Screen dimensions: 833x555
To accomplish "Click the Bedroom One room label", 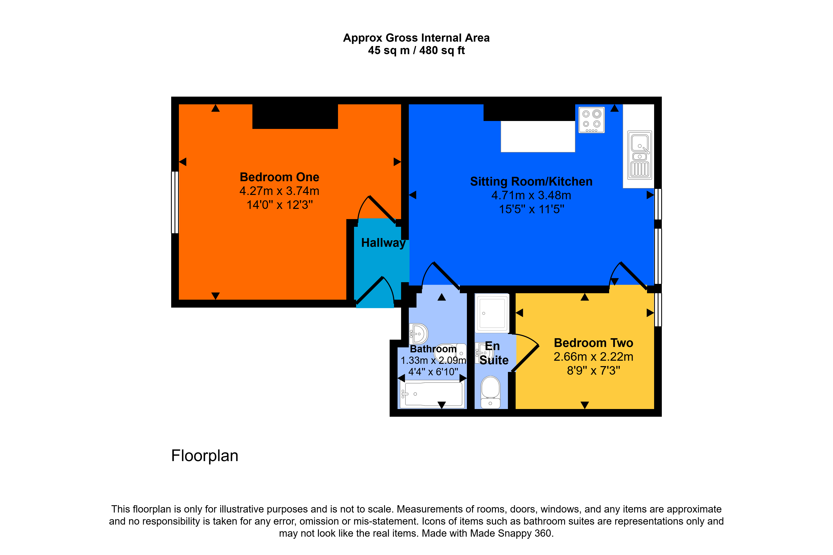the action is tap(279, 177).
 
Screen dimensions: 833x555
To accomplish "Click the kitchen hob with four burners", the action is tap(591, 120).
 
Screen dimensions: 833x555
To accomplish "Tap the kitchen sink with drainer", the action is tap(640, 155).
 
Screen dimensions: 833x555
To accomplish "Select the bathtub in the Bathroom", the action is tap(432, 394).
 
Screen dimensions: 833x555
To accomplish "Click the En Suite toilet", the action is tap(490, 392).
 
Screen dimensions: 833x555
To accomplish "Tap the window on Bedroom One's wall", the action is tap(175, 202).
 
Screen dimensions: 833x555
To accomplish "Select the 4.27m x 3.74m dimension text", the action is tap(279, 191).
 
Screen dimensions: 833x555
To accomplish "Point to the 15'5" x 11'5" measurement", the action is tap(531, 209).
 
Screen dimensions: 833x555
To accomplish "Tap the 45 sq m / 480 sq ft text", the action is tap(416, 51).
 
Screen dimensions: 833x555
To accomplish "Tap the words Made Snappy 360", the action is tap(511, 533).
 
